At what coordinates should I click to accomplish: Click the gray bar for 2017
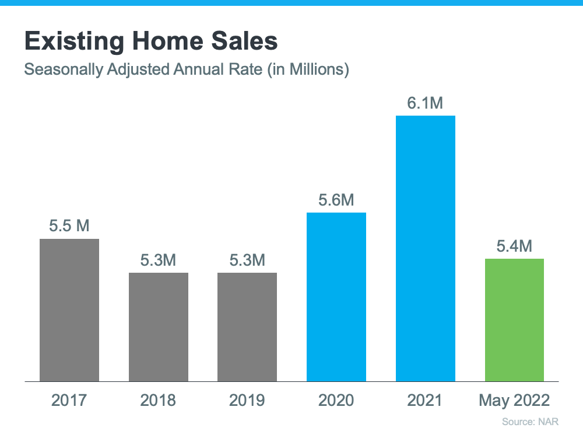coord(69,310)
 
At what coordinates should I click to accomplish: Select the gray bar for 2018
coord(159,327)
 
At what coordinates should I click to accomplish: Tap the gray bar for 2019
coord(247,327)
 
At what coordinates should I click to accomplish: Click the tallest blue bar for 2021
coord(426,248)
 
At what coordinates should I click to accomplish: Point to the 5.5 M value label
coord(69,226)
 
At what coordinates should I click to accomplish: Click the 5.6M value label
coord(336,200)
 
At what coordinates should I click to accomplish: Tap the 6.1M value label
coord(426,103)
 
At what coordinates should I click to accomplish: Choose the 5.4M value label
coord(514,246)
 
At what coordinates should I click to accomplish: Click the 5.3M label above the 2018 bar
coord(159,260)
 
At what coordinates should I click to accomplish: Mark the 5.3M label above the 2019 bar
coord(247,260)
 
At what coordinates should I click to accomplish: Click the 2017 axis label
coord(69,401)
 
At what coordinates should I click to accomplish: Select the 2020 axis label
coord(336,401)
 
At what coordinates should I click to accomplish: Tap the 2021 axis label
coord(426,401)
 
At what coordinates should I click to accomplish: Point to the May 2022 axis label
coord(514,401)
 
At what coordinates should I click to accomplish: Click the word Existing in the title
coord(73,42)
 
